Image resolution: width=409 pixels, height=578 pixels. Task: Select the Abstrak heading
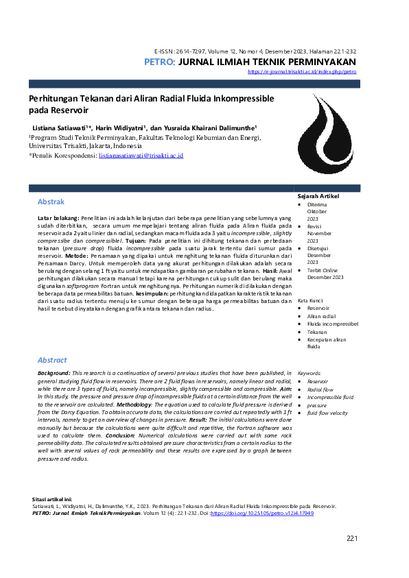pos(51,202)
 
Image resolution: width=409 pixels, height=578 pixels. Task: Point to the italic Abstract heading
pos(52,360)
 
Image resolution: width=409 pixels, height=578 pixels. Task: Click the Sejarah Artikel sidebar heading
pos(318,196)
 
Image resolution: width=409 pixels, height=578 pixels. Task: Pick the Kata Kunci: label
pos(311,301)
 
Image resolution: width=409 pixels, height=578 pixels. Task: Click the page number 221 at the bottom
pos(352,538)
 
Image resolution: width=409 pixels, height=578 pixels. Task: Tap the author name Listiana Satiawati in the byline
pos(54,128)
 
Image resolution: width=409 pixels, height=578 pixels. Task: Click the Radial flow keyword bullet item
pos(321,389)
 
